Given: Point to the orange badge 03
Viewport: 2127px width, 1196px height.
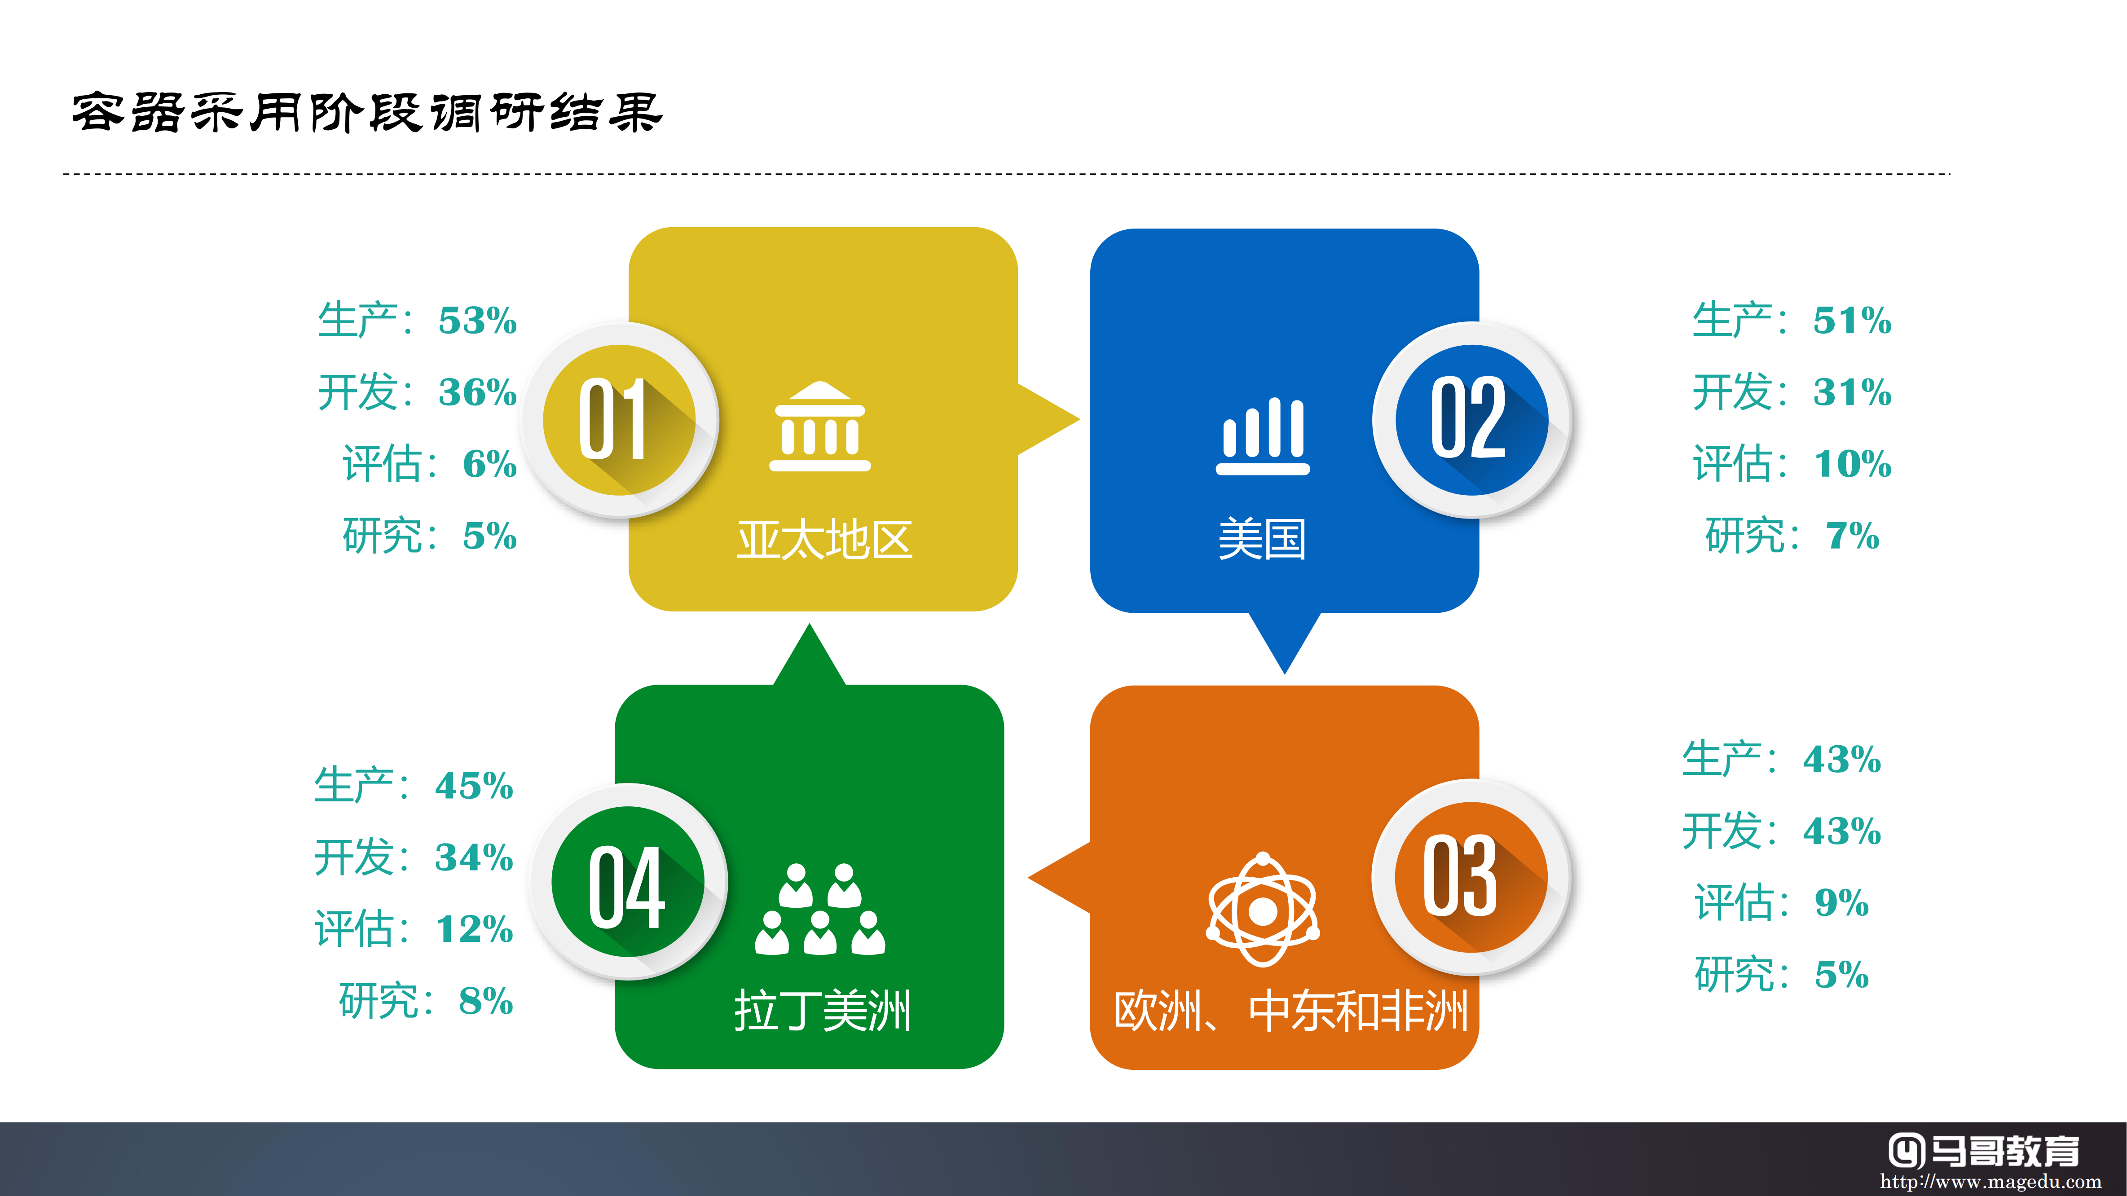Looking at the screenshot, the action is point(1471,876).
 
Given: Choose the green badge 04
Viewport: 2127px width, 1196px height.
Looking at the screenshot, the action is point(628,882).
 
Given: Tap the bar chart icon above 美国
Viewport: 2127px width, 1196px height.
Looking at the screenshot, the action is point(1263,436).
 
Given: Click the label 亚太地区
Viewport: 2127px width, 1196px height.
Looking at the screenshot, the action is point(824,540).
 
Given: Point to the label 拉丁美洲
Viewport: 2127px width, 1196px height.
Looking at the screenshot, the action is point(823,1010).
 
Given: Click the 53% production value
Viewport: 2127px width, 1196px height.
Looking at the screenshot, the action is point(477,320).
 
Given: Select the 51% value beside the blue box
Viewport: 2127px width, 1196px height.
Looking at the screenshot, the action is point(1852,320).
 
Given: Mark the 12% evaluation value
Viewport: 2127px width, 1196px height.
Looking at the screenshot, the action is point(474,928).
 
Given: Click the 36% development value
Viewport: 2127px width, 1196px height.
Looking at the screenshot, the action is point(477,392).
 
